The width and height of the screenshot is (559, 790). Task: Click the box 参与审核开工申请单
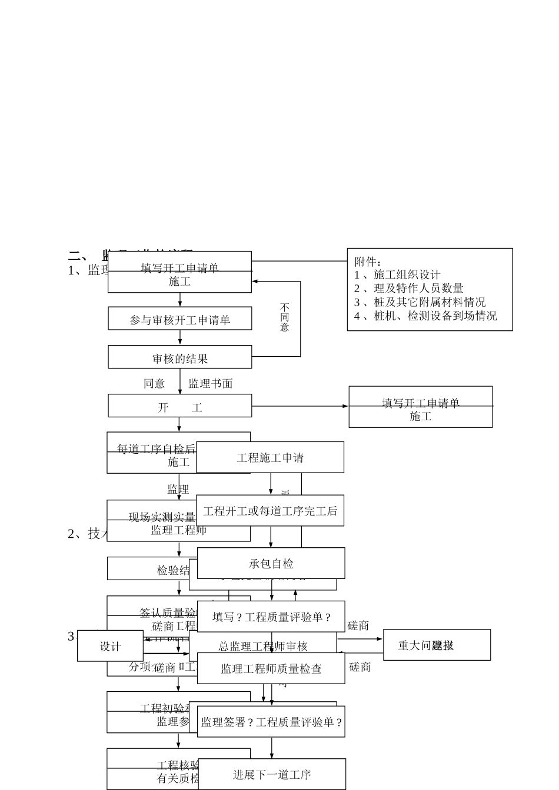tap(179, 319)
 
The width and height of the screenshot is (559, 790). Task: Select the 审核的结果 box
tap(179, 357)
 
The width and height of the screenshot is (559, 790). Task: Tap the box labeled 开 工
tap(179, 406)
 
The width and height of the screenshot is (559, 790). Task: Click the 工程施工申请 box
tap(270, 457)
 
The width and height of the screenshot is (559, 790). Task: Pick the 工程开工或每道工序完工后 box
tap(270, 511)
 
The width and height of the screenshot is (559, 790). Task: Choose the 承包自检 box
tap(271, 563)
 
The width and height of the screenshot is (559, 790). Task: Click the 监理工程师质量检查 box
tap(271, 668)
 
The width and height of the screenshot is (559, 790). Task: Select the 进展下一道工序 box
tap(272, 774)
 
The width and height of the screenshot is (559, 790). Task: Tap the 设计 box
tap(110, 646)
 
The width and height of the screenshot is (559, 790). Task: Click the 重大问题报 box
tap(437, 645)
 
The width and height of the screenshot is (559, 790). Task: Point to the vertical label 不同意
tap(285, 317)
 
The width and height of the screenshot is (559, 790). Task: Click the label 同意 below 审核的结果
tap(154, 383)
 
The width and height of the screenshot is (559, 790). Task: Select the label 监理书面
tap(210, 383)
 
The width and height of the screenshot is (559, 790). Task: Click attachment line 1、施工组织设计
tap(397, 275)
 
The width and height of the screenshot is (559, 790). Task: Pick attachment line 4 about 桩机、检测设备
tap(425, 316)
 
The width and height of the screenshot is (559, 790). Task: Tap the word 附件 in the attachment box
tap(367, 261)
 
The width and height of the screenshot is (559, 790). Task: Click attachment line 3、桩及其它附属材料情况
tap(420, 302)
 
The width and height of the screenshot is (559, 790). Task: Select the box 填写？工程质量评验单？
tap(271, 617)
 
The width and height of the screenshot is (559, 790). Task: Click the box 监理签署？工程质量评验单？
tap(271, 722)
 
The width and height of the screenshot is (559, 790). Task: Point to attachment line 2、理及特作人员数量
tap(408, 288)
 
